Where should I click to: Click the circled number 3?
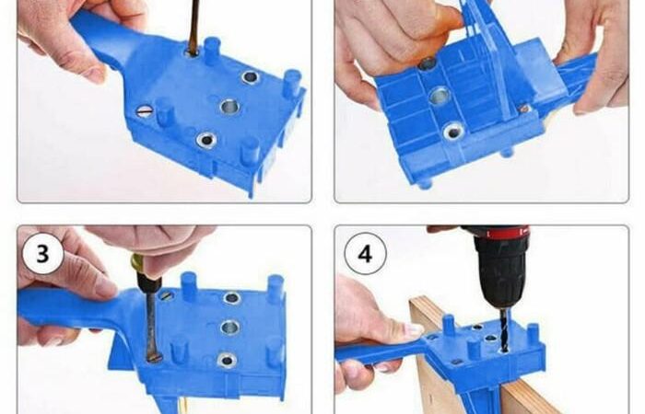(42, 253)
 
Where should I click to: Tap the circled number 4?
(365, 253)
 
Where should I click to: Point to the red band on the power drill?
(507, 233)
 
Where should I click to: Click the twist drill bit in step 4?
(504, 329)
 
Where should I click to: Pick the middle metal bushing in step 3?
(230, 328)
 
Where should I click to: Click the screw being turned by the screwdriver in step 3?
(155, 357)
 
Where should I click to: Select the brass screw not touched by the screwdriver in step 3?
(166, 295)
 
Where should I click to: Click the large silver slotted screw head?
(144, 111)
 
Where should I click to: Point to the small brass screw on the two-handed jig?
(524, 109)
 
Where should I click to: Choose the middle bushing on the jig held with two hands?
(439, 96)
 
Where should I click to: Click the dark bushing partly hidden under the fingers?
(427, 63)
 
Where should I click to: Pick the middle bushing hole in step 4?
(490, 339)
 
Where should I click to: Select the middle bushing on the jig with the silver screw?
(229, 107)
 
